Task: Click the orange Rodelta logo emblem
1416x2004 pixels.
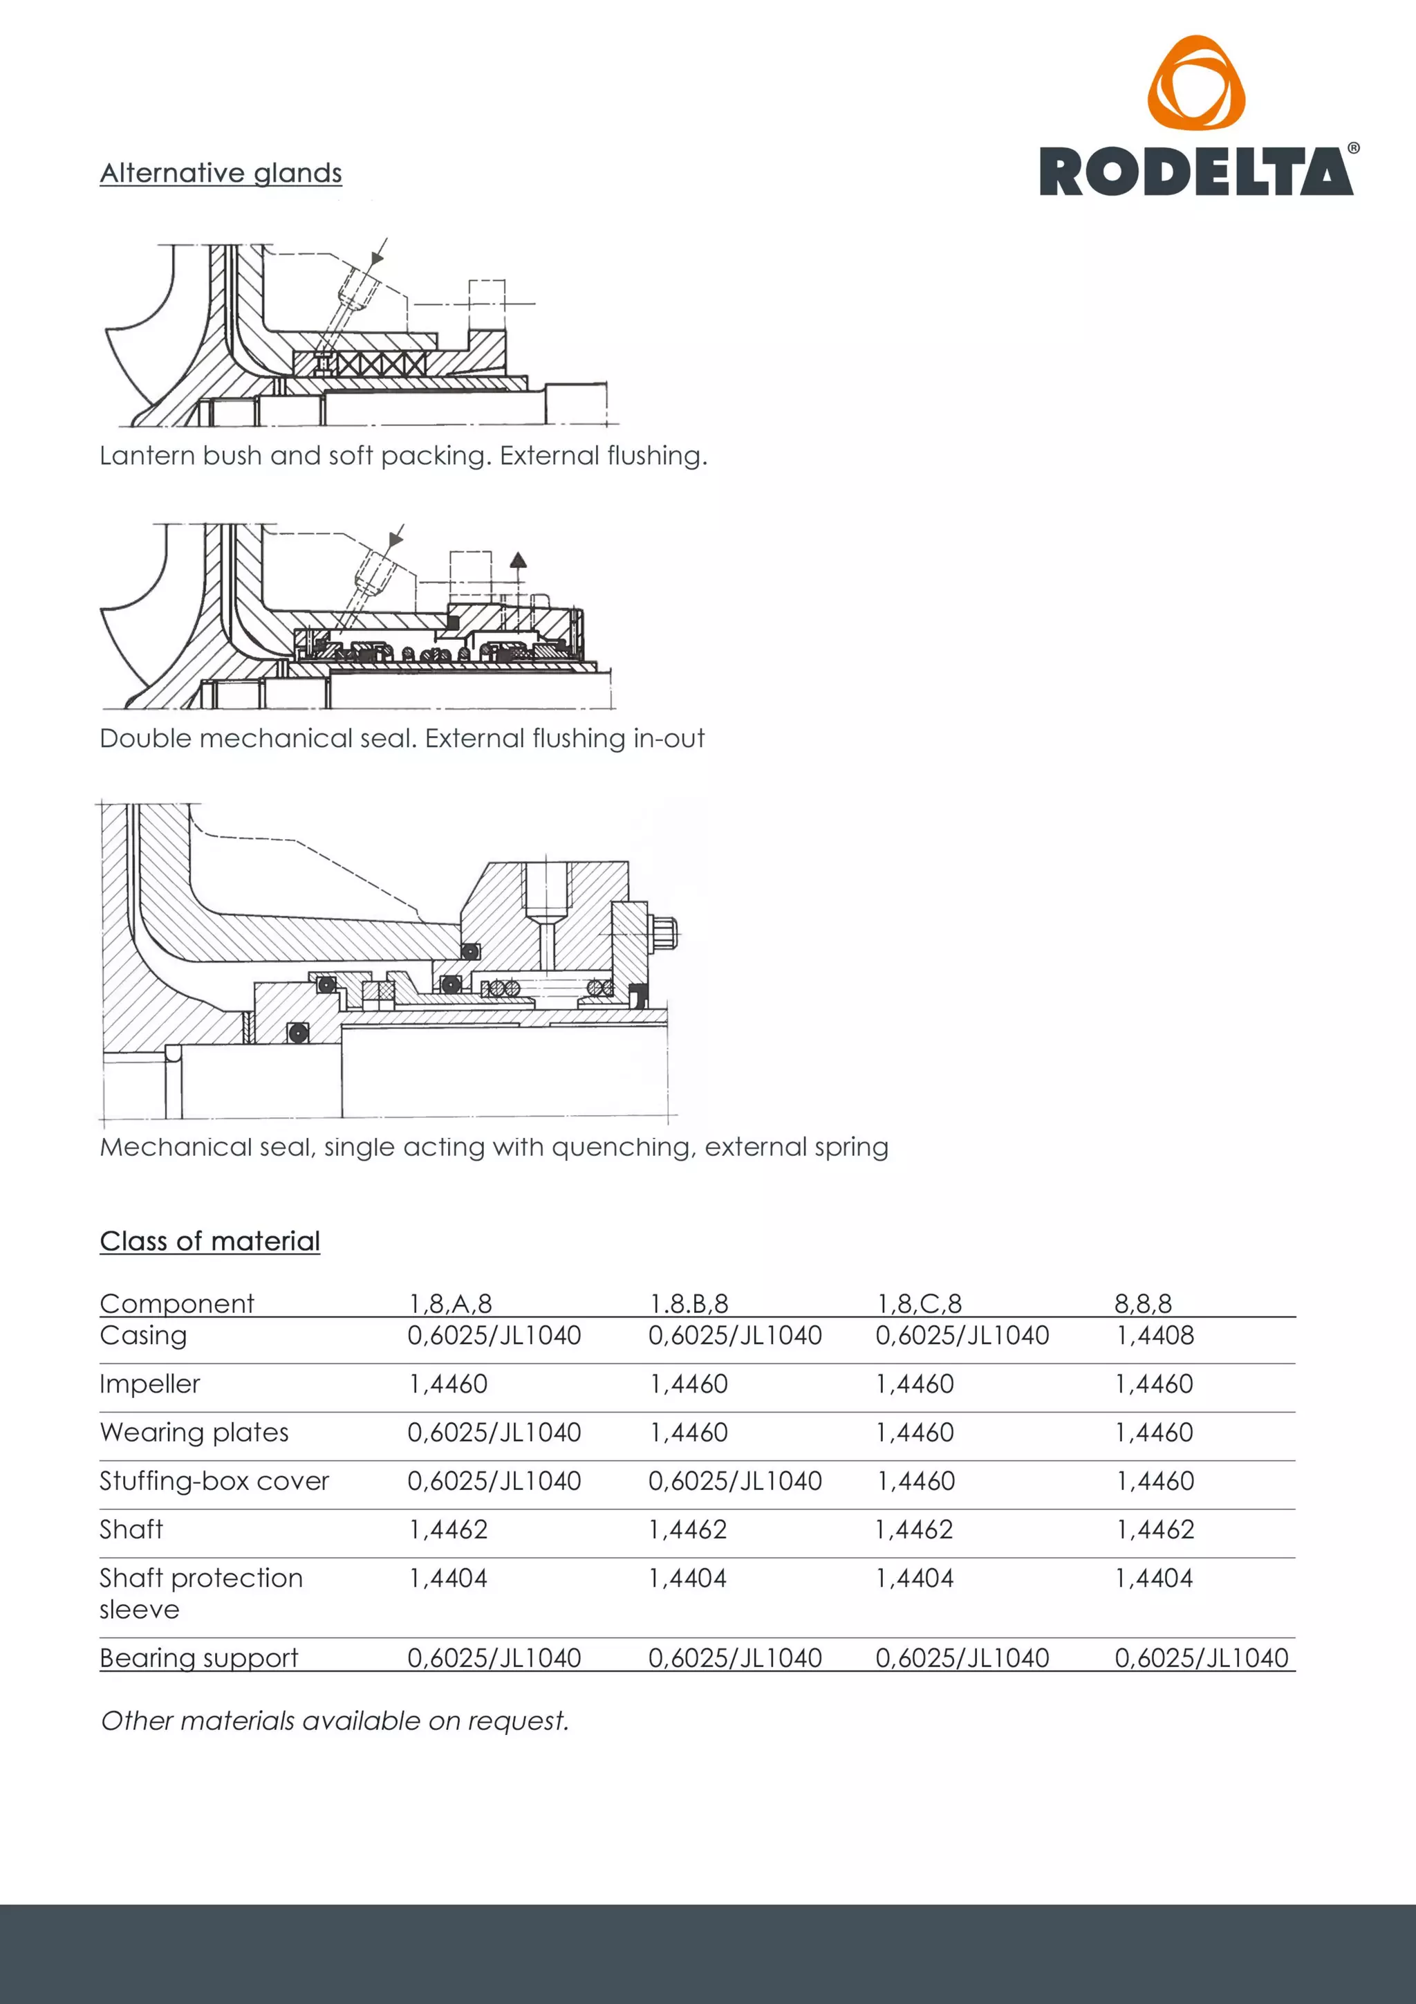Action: [1195, 84]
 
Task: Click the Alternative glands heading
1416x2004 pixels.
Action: [221, 173]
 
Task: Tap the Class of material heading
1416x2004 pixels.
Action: [209, 1241]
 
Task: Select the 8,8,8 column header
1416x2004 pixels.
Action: [1143, 1304]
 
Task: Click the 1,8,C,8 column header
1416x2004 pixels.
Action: [919, 1304]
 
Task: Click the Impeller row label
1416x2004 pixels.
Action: [149, 1384]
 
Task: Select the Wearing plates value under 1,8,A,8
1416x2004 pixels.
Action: [494, 1433]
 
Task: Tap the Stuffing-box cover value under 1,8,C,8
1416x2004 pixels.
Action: [915, 1481]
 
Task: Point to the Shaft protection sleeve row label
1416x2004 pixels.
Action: [201, 1593]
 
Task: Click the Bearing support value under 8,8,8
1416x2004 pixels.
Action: [1202, 1658]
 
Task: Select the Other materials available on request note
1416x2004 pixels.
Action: [334, 1721]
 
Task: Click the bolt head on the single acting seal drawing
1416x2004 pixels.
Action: [665, 933]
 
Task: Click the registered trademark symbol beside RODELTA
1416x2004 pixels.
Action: [1353, 148]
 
